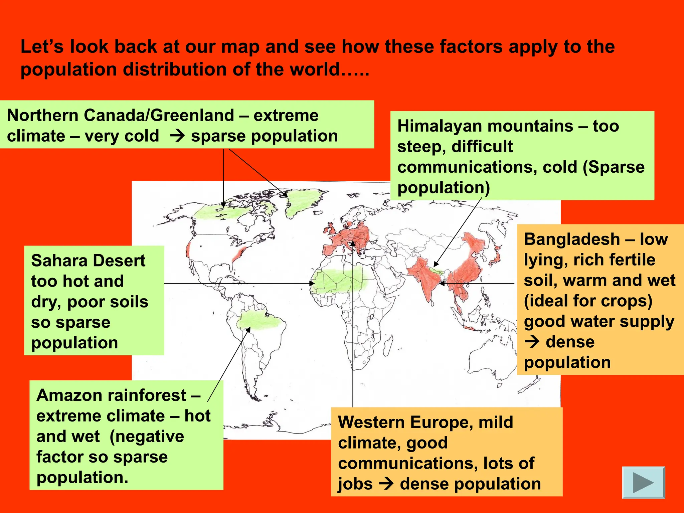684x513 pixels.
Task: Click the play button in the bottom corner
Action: [x=643, y=482]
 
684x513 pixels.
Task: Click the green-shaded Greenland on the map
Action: [x=302, y=202]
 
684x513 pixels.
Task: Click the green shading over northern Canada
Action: [x=220, y=212]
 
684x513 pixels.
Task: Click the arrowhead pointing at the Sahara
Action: [x=312, y=284]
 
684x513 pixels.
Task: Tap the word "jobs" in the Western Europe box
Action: [x=355, y=484]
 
